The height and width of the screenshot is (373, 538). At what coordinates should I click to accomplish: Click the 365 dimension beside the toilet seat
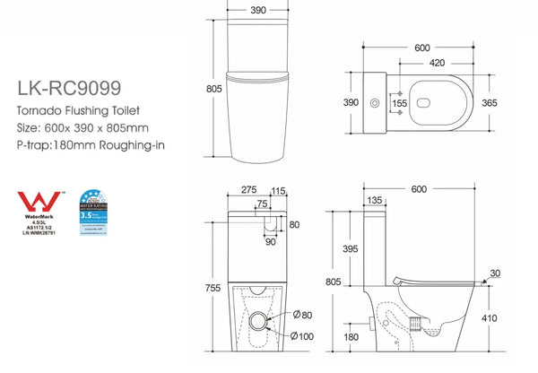[514, 104]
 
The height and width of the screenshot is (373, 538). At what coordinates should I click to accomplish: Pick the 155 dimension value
[400, 104]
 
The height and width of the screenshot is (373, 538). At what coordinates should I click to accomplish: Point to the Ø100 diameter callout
[302, 337]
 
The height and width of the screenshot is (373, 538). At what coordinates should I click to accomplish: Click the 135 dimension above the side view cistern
[374, 201]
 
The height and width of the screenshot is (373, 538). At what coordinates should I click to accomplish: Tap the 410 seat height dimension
[514, 317]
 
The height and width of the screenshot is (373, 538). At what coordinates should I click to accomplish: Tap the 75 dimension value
[263, 204]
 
